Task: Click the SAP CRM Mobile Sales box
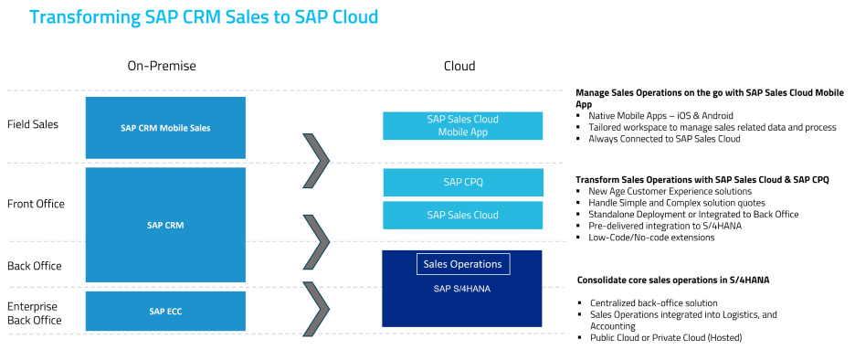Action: pyautogui.click(x=165, y=128)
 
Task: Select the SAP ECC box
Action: pyautogui.click(x=165, y=312)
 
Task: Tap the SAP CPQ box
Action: pyautogui.click(x=463, y=182)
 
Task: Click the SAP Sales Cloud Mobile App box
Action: pyautogui.click(x=462, y=125)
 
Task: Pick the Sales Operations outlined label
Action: pyautogui.click(x=463, y=264)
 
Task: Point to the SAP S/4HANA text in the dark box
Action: pyautogui.click(x=458, y=289)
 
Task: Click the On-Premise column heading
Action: pyautogui.click(x=162, y=66)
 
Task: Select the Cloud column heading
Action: pyautogui.click(x=459, y=66)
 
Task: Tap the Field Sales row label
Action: pyautogui.click(x=33, y=124)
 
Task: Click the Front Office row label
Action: pyautogui.click(x=36, y=204)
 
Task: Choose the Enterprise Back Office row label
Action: pyautogui.click(x=32, y=313)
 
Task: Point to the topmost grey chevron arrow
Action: pyautogui.click(x=316, y=160)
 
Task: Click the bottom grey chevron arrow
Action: pyautogui.click(x=316, y=308)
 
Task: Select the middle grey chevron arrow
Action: pyautogui.click(x=316, y=241)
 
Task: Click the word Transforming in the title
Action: pyautogui.click(x=84, y=17)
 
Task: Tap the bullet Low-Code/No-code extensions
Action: pyautogui.click(x=651, y=238)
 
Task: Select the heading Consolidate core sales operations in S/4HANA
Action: pyautogui.click(x=673, y=280)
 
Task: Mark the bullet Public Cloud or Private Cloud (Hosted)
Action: pyautogui.click(x=666, y=338)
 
